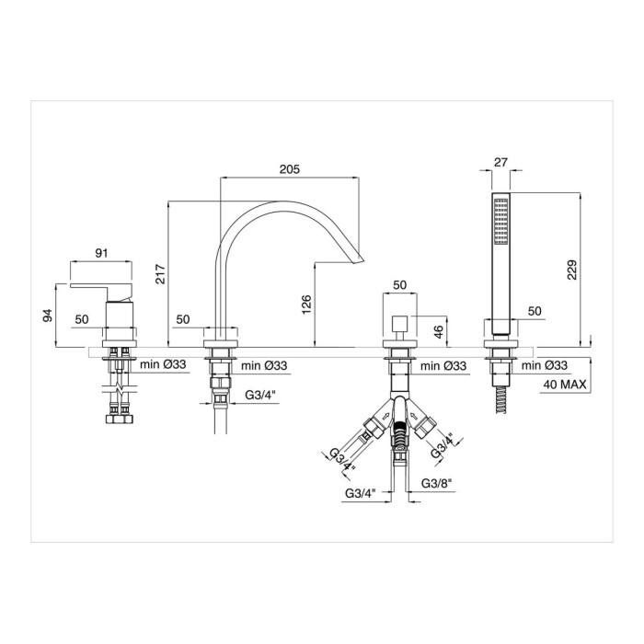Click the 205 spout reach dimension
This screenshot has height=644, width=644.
click(290, 168)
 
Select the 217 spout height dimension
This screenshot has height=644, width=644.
click(160, 274)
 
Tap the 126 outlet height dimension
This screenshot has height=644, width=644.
click(306, 305)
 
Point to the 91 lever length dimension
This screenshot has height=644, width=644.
click(101, 253)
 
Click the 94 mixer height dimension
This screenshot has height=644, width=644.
click(48, 315)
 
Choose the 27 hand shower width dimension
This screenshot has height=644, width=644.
click(500, 162)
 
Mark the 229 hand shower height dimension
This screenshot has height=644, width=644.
click(571, 270)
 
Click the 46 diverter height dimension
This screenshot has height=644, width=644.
click(438, 331)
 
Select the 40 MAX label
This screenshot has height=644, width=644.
click(565, 385)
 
